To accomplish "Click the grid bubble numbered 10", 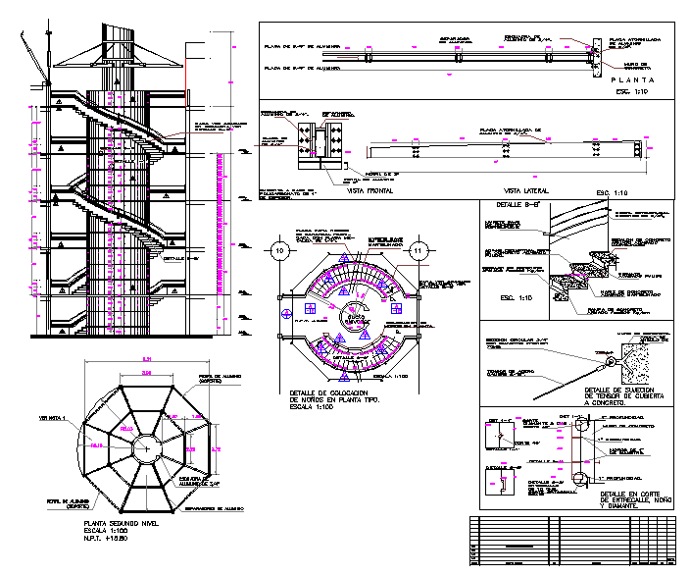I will tap(281, 251).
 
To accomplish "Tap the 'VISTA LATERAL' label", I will tap(524, 190).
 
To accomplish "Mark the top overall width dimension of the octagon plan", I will tap(146, 357).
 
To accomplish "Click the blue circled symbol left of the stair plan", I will tap(286, 314).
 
